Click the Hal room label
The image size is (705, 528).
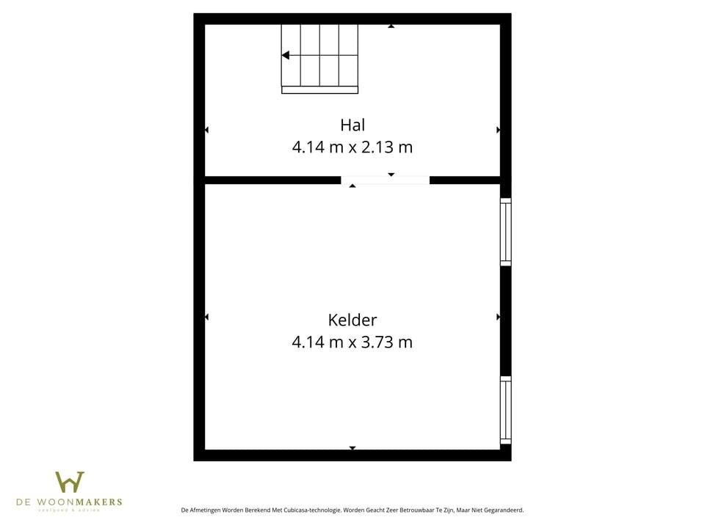click(x=352, y=125)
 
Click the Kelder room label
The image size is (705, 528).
click(x=352, y=320)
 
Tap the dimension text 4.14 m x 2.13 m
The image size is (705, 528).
click(x=352, y=147)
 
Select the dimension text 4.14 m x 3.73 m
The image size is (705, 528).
click(x=352, y=342)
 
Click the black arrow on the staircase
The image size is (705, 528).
click(x=286, y=55)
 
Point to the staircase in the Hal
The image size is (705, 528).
click(x=319, y=56)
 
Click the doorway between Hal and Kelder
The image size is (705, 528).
click(x=386, y=180)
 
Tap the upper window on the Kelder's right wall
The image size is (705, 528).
click(x=505, y=232)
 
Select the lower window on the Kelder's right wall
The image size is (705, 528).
click(x=505, y=410)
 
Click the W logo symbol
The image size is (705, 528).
click(x=70, y=482)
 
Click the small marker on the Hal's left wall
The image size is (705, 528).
click(x=206, y=130)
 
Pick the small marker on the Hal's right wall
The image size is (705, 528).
click(x=499, y=130)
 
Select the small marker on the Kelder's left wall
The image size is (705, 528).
click(x=206, y=317)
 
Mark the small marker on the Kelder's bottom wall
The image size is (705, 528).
click(x=352, y=447)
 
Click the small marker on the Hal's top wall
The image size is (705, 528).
click(x=391, y=26)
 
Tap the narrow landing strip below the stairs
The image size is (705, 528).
click(x=319, y=90)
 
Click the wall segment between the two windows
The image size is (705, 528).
click(x=505, y=320)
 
